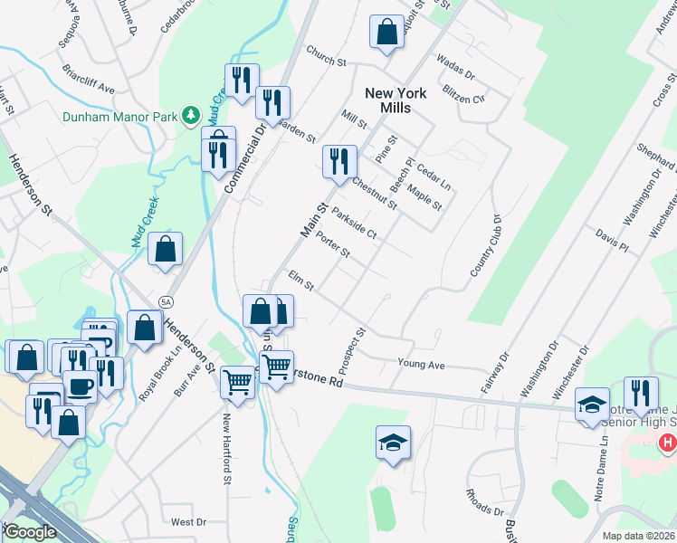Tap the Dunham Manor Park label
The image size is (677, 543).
[119, 115]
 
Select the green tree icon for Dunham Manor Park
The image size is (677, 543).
[191, 114]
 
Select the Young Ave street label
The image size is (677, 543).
[422, 364]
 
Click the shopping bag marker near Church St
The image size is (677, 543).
[386, 32]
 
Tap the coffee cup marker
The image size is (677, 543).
[80, 386]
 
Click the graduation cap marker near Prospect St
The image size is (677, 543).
[393, 443]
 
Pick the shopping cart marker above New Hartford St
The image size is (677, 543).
[237, 381]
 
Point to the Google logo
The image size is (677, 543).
[30, 532]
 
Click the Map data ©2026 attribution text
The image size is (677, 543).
[637, 536]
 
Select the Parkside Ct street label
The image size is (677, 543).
[354, 223]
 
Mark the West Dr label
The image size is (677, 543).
[188, 522]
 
